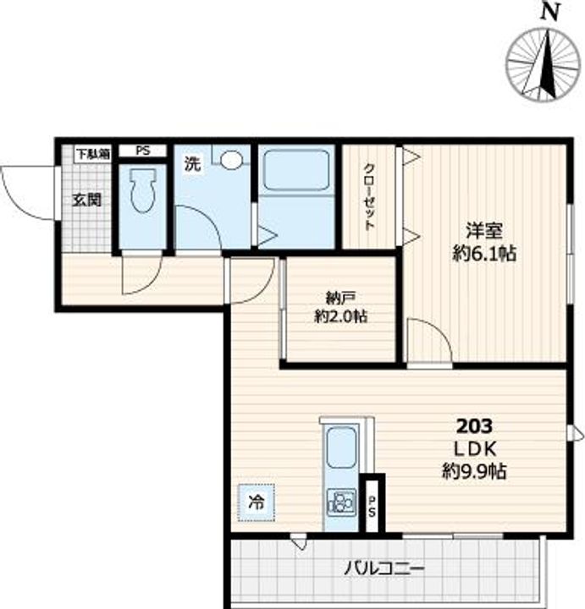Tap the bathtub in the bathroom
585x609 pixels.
point(296,170)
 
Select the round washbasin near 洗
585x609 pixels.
point(231,159)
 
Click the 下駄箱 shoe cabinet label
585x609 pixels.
point(93,154)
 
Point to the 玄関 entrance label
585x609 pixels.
point(87,200)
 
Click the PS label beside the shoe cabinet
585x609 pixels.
point(143,151)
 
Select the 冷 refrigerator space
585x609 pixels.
point(257,502)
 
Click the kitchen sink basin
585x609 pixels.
point(341,447)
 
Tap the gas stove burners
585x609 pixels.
point(341,502)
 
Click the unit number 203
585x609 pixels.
point(474,426)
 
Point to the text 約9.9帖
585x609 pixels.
point(474,471)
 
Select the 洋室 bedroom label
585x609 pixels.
point(484,231)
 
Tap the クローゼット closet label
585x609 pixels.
point(370,197)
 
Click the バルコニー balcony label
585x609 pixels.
point(384,569)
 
